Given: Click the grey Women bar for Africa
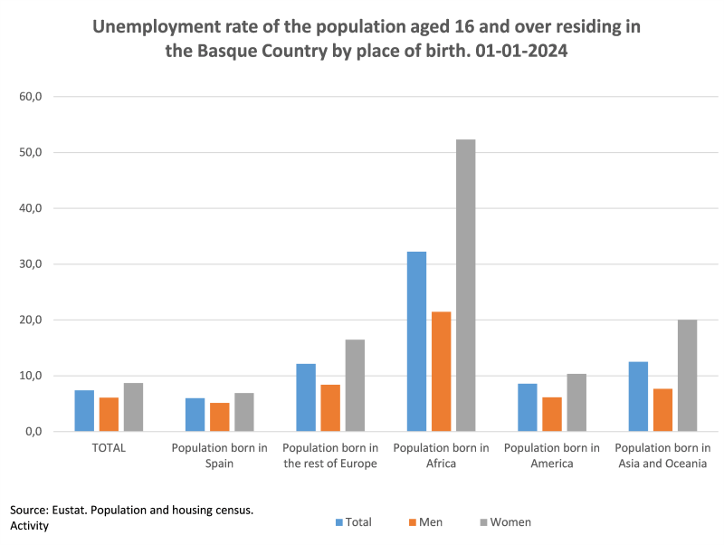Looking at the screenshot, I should coord(465,285).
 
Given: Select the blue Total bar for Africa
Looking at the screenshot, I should coord(416,341).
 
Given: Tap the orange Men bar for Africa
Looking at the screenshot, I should coord(441,371).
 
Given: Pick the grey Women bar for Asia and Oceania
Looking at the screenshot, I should coord(687,376).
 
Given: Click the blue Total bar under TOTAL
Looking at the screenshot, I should coord(84,410).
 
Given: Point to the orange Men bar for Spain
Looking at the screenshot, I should coord(219,416).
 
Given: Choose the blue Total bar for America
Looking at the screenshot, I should coord(527,407).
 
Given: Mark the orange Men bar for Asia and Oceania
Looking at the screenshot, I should coord(662,409).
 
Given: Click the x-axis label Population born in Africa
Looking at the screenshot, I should coord(441,455).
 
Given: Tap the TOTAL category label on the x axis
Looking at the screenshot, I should coord(109,448).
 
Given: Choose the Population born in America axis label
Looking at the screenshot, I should coord(552,455).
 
